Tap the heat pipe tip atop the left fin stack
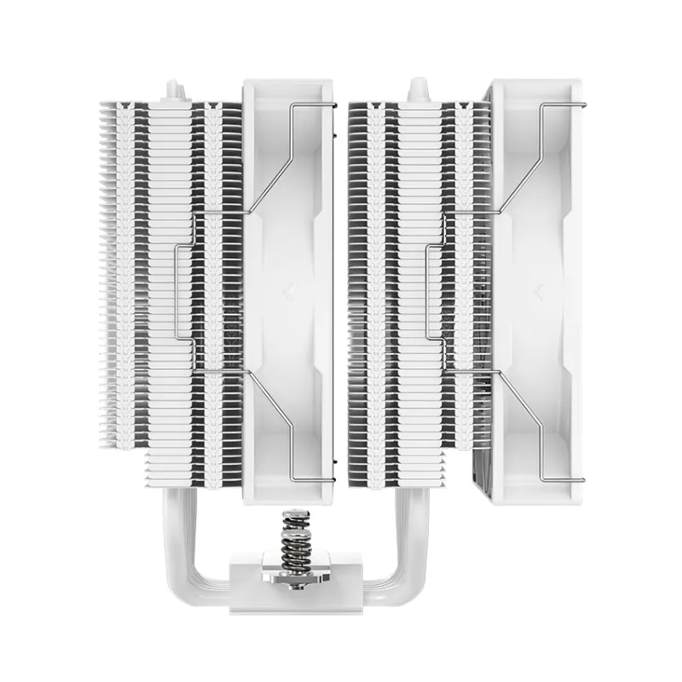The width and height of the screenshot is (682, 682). tap(173, 89)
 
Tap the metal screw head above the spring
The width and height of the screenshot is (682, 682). tap(294, 514)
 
